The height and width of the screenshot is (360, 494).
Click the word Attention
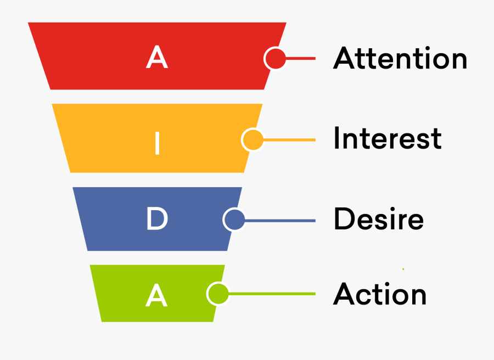tap(400, 58)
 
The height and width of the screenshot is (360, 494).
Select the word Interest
tap(387, 139)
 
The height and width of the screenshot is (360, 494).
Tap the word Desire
tap(378, 220)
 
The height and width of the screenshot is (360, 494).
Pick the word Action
tap(380, 294)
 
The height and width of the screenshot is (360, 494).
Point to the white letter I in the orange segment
tap(157, 144)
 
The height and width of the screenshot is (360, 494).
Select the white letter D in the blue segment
tap(157, 220)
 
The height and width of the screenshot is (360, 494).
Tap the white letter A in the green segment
tap(157, 296)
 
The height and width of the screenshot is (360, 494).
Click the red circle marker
tap(275, 58)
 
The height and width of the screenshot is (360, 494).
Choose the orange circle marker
tap(252, 140)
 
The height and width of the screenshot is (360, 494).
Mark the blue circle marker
tap(234, 220)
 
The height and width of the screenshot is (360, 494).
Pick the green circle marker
tap(218, 294)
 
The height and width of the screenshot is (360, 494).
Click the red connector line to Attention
tap(301, 58)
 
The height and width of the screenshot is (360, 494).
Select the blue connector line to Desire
tap(280, 221)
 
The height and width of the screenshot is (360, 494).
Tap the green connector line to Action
tap(272, 294)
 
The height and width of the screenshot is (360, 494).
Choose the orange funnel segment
tap(110, 137)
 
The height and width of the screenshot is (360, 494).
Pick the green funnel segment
tap(121, 294)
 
